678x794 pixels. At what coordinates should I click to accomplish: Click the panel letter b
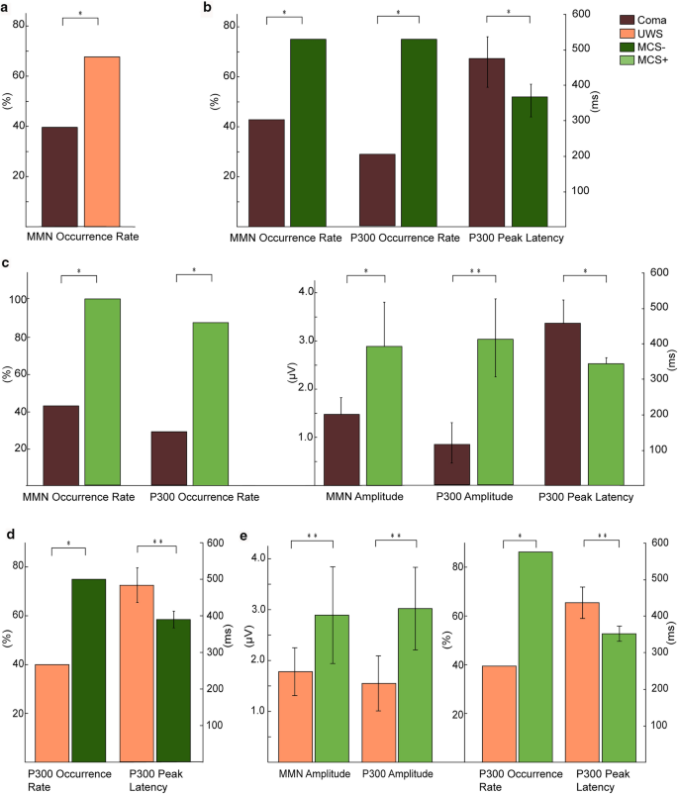pos(206,8)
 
